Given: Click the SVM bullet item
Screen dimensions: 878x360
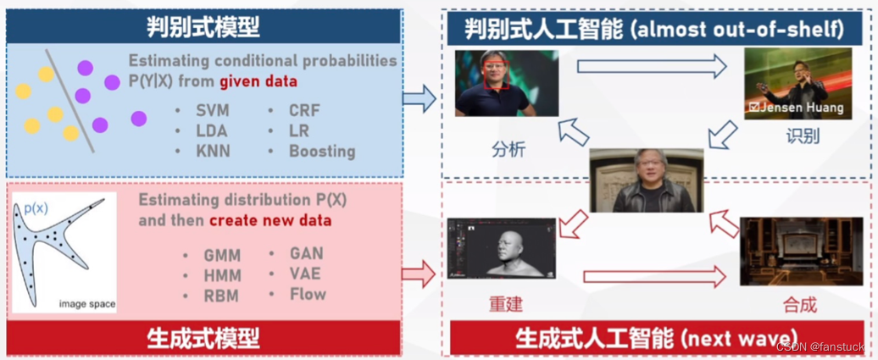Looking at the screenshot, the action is [212, 111].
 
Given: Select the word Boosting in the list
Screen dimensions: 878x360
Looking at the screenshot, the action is [322, 151].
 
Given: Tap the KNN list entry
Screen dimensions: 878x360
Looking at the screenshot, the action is [213, 151].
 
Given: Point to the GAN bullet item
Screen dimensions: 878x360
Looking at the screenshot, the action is [306, 253].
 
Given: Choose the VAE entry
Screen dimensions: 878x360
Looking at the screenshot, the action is [305, 274].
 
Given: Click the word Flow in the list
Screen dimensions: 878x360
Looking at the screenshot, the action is [308, 294].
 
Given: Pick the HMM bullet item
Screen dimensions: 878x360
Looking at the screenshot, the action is [222, 276].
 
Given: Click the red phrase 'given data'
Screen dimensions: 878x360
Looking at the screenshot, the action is [258, 82].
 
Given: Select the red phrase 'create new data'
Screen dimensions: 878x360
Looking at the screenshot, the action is [270, 220].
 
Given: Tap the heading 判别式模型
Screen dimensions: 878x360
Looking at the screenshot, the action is [203, 26].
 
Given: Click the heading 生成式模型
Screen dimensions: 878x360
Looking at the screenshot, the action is [203, 338].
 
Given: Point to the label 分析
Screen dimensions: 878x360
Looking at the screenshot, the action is [508, 149].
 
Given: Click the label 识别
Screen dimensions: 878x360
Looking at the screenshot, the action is [803, 136].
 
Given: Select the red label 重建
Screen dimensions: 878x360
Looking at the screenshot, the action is [506, 303].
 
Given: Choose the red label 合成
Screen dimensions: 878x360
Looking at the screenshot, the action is [799, 304].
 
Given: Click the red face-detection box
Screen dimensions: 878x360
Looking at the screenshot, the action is [497, 75].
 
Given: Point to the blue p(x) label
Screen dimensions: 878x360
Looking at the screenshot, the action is [36, 209].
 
